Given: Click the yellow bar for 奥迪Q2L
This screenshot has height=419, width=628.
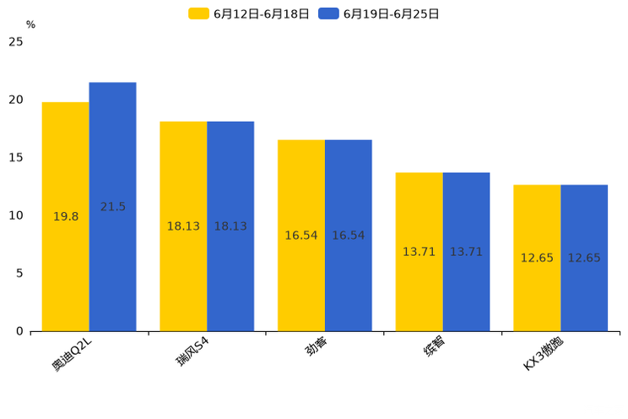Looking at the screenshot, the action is tap(66, 216).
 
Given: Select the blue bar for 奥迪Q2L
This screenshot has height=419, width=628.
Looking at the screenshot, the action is tap(112, 207).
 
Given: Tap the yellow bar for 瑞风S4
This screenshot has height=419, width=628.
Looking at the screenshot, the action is tap(183, 226).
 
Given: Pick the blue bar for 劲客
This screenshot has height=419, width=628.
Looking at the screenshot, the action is tap(349, 236).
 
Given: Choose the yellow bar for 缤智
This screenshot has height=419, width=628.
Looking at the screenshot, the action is tap(419, 253).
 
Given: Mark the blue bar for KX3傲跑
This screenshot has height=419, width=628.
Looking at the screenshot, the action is tap(584, 258).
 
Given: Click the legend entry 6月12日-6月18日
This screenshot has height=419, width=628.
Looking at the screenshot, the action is tap(249, 14).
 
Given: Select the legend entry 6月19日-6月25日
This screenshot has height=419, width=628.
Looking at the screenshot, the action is tap(379, 14).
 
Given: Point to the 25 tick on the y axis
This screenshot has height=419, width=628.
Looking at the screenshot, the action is tap(16, 41).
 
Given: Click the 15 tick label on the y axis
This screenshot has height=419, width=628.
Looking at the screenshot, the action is tap(16, 158).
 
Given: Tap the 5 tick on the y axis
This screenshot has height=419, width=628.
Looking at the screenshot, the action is tap(19, 274).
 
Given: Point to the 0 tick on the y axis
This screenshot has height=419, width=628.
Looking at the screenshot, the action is tap(19, 332).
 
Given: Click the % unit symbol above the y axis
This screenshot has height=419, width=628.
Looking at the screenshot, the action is tap(31, 24).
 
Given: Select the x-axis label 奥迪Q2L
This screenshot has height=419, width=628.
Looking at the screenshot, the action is tap(72, 354).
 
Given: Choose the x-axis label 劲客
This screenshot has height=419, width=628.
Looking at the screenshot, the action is tap(317, 346).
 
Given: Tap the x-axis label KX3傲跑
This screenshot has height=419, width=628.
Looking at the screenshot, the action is tap(544, 354).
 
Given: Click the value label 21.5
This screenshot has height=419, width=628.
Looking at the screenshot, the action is tap(113, 207).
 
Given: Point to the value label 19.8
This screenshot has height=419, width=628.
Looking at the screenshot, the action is tap(66, 217).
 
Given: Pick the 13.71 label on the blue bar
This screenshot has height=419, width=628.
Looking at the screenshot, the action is tap(466, 252).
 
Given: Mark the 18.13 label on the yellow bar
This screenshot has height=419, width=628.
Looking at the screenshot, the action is tap(183, 226).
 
